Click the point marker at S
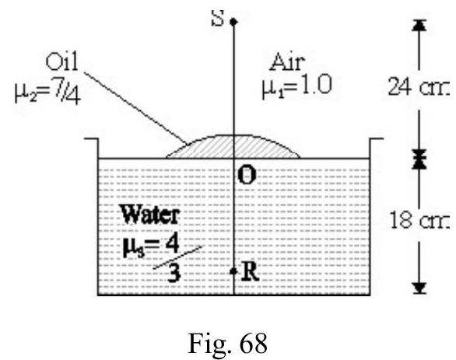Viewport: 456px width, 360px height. click(233, 22)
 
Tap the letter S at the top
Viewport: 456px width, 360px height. click(218, 18)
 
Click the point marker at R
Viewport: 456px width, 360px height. click(233, 271)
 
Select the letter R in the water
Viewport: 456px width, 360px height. click(250, 272)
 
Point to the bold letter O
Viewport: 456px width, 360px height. click(247, 176)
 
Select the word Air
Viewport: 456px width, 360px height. click(287, 62)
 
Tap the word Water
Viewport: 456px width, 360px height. click(150, 215)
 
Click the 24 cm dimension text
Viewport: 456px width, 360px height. click(419, 86)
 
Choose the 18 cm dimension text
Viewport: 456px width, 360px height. click(419, 220)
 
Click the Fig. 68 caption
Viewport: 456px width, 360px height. click(227, 343)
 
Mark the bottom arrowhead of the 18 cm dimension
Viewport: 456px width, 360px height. click(419, 288)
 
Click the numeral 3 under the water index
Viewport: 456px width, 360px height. click(174, 274)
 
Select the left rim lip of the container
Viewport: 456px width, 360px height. click(91, 139)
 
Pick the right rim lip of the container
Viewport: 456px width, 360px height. click(377, 139)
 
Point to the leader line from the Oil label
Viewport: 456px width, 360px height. click(135, 108)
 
